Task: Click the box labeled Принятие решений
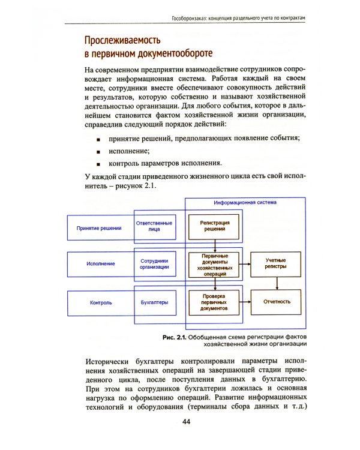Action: [x=99, y=229]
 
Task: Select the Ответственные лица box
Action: [x=154, y=228]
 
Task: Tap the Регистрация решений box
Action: [x=215, y=226]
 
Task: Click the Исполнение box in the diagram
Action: [x=99, y=264]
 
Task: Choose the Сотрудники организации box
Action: [x=154, y=265]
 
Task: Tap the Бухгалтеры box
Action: [x=154, y=302]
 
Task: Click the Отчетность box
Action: [x=277, y=302]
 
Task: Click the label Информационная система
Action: [x=245, y=203]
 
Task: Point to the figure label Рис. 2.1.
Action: [x=174, y=338]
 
